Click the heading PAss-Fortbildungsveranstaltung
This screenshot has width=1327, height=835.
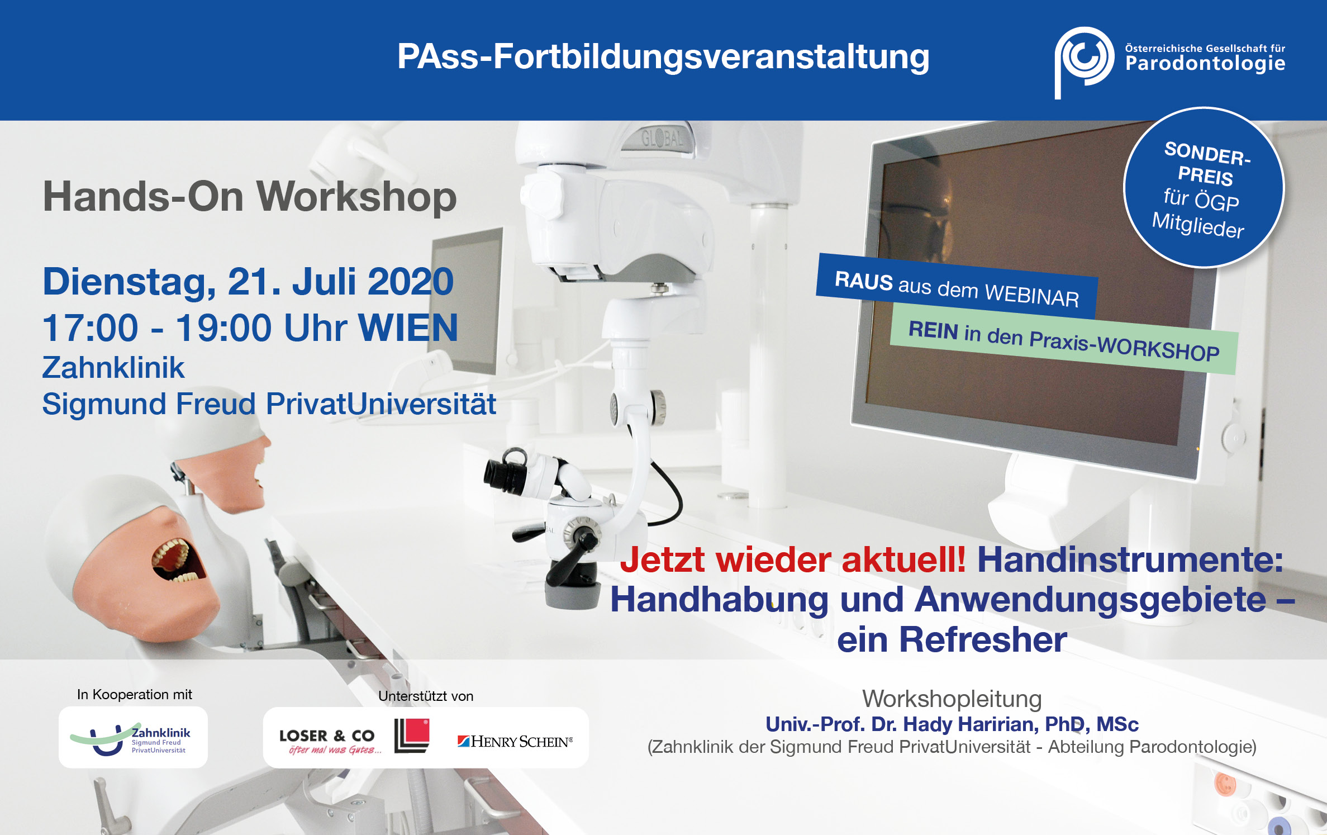(x=663, y=57)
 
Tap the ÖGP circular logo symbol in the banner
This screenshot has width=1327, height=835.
(x=1082, y=60)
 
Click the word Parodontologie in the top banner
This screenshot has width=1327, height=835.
(x=1205, y=64)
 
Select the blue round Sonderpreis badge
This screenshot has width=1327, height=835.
(x=1204, y=188)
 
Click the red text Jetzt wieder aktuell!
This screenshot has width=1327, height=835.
(x=792, y=559)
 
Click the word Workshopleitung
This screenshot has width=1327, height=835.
(x=952, y=699)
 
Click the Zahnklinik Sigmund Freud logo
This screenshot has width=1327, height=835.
(x=133, y=738)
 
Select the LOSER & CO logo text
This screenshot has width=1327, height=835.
(x=327, y=736)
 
